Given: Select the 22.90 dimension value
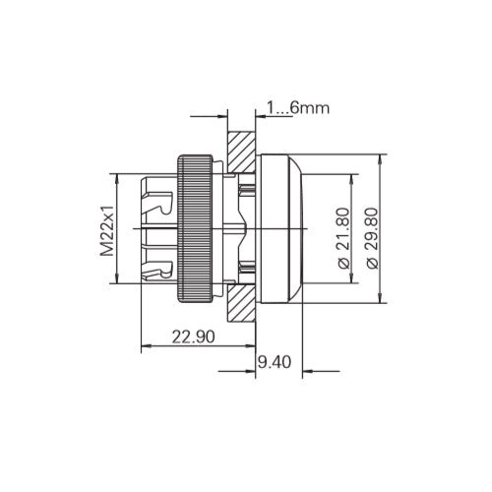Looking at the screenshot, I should coord(193,336).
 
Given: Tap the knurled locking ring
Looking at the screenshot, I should coord(196,227).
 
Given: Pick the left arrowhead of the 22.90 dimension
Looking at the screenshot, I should coord(148,345).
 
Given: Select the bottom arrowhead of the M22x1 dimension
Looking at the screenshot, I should coord(119,280).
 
